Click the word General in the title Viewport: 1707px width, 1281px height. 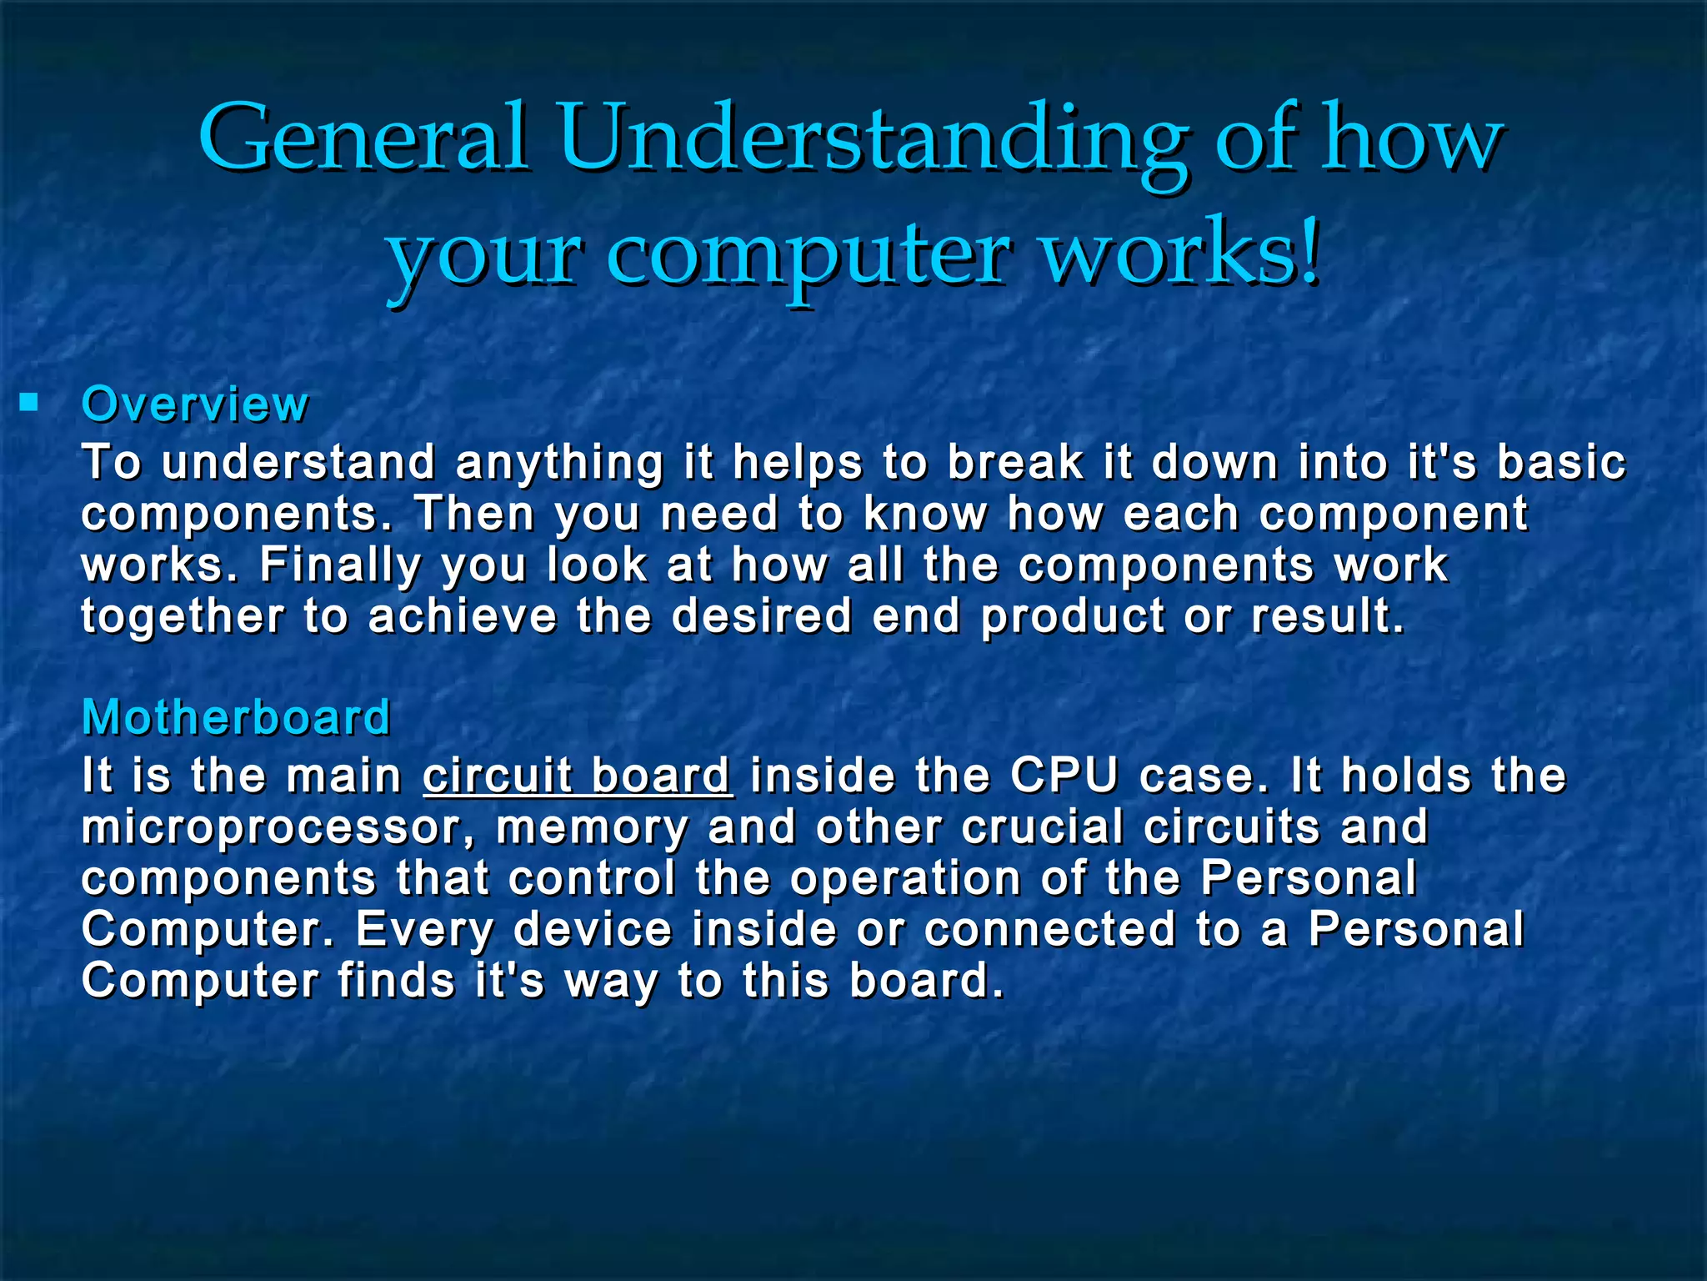[x=363, y=138]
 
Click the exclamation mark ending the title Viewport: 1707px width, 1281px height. [x=1312, y=250]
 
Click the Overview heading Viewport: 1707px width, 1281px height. [x=195, y=404]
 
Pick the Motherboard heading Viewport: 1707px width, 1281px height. [x=236, y=717]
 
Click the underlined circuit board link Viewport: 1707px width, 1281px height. [x=577, y=776]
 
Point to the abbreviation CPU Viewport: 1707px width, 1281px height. [x=1064, y=776]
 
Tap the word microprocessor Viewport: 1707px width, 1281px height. [x=278, y=828]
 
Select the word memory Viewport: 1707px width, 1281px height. [x=592, y=828]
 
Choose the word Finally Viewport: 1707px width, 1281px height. [x=340, y=565]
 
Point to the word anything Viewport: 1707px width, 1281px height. [x=559, y=464]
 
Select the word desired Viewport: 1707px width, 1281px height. [x=762, y=616]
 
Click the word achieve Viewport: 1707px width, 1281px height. [x=463, y=616]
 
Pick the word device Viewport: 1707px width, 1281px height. [x=592, y=930]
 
